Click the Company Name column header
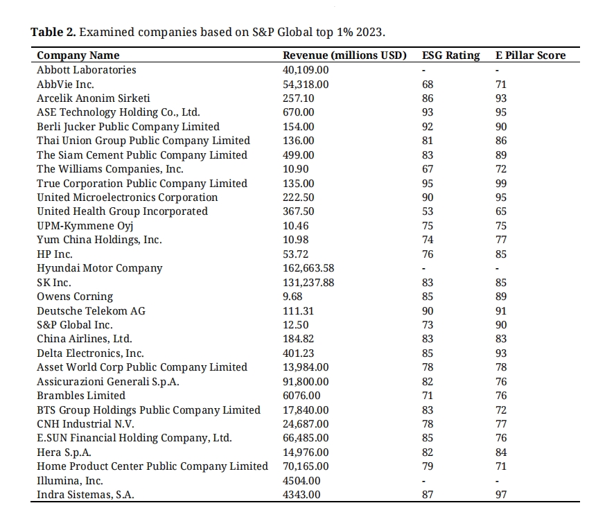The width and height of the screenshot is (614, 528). pos(78,55)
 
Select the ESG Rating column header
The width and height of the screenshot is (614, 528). pos(450,55)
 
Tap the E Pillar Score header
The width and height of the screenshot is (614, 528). pos(531,55)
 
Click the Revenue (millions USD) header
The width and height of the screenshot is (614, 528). pos(344,55)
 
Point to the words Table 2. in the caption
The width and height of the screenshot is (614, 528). pos(53,32)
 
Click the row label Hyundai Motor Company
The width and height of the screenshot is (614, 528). pos(100,268)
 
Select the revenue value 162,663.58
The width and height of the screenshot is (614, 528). pos(308,268)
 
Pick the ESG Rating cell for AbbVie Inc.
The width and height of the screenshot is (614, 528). pos(428,85)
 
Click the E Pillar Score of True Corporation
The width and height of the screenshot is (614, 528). pos(501,184)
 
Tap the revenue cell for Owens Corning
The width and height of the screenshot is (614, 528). pos(292,297)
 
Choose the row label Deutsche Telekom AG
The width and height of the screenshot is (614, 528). pos(91,311)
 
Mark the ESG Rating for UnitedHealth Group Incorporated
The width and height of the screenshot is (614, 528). pos(428,211)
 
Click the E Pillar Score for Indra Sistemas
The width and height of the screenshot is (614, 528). pos(501,495)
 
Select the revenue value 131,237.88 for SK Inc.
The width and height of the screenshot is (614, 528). pos(308,283)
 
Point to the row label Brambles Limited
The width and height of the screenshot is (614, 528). pos(81,396)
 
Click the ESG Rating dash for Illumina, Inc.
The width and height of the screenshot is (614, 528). pos(423,481)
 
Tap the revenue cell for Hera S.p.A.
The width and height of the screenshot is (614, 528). pos(306,452)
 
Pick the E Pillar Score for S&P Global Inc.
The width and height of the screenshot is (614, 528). pos(501,325)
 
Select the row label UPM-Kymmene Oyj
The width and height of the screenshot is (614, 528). pos(85,226)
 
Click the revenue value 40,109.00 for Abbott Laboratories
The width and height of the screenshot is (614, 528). pos(306,70)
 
